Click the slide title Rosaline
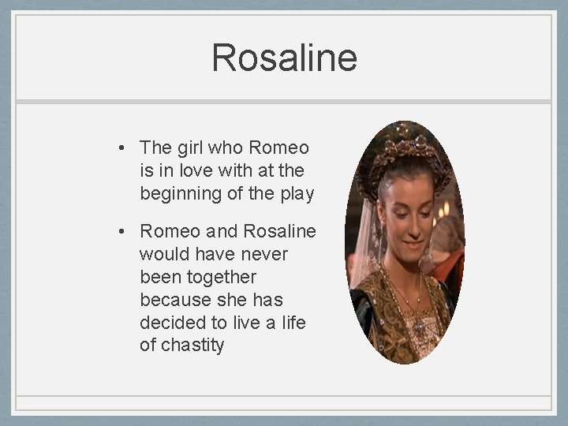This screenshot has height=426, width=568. [x=284, y=58]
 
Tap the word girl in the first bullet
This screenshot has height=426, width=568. [x=190, y=148]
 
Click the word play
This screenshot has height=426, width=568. [x=297, y=193]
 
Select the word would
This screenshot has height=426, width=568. [x=163, y=255]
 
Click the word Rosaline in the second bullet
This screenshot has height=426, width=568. [x=279, y=232]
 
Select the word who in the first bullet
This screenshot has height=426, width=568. [x=226, y=148]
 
